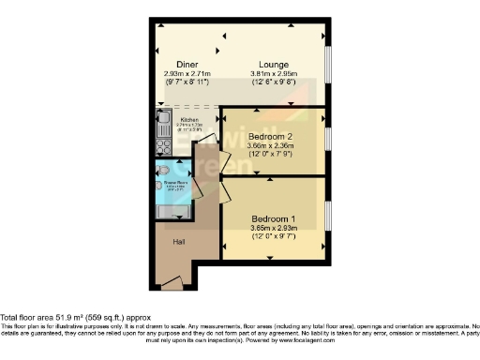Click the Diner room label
(178, 63)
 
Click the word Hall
(178, 242)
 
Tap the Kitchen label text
(190, 120)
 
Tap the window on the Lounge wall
(328, 65)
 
